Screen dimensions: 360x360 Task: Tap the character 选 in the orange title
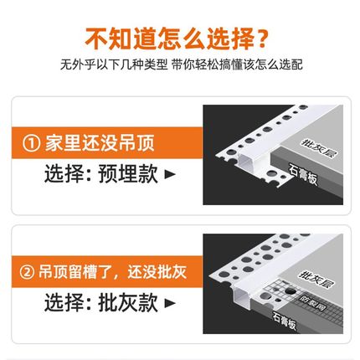click(x=214, y=39)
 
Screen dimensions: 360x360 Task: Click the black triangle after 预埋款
click(x=170, y=175)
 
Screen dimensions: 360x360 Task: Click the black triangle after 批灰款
click(x=170, y=303)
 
